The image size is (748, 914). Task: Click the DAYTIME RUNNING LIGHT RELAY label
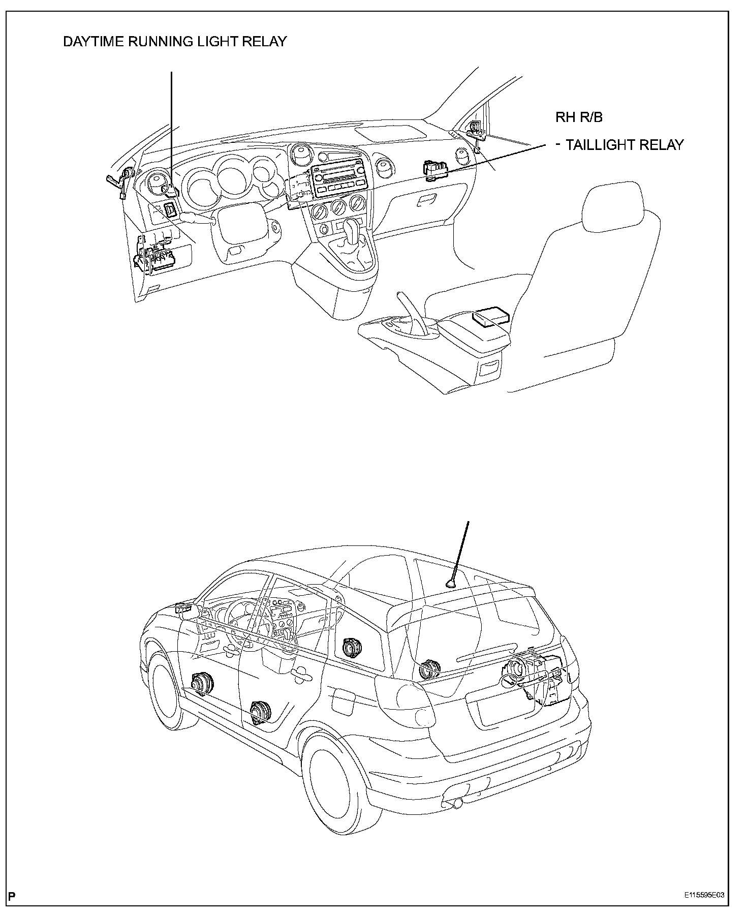coord(175,42)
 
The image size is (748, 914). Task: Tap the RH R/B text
coord(579,117)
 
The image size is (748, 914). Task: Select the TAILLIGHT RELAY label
coord(625,145)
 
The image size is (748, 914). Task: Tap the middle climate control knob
coord(337,207)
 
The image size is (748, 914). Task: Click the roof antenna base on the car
coord(450,584)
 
